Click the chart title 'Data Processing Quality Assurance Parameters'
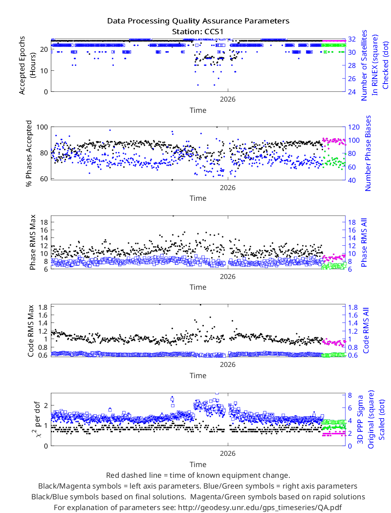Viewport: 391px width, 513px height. [198, 21]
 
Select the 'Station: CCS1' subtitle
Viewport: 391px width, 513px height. [198, 32]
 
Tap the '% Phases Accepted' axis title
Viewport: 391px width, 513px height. [29, 153]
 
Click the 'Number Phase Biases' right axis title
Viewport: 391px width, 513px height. [368, 153]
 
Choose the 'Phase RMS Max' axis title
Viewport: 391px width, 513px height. [32, 242]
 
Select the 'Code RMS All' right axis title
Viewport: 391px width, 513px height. [366, 330]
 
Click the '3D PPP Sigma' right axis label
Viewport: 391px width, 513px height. [360, 419]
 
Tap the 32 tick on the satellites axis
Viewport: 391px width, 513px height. [352, 39]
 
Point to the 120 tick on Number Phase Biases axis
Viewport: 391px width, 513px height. [354, 127]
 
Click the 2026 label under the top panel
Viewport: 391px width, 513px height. [227, 99]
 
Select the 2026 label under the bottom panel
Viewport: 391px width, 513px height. [227, 453]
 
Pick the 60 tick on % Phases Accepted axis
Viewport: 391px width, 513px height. [44, 179]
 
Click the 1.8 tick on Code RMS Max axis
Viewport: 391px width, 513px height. [43, 307]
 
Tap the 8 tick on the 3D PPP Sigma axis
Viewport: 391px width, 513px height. [350, 395]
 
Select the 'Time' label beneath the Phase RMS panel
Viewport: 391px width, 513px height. [198, 287]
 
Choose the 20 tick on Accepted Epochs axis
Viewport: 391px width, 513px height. [44, 49]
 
